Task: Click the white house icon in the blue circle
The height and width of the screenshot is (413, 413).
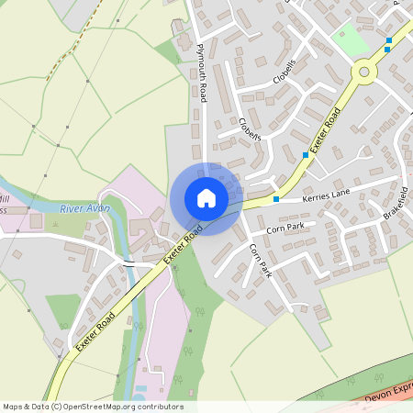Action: point(206,198)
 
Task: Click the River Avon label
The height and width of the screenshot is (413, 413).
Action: point(84,209)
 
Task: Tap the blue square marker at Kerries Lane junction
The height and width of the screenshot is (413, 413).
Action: point(275,198)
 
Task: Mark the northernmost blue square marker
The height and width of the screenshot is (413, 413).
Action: point(389,40)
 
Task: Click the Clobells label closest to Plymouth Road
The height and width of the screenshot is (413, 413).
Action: point(250,129)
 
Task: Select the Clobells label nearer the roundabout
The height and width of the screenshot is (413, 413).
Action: point(285,73)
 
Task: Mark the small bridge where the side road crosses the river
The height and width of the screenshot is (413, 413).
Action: point(128,262)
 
